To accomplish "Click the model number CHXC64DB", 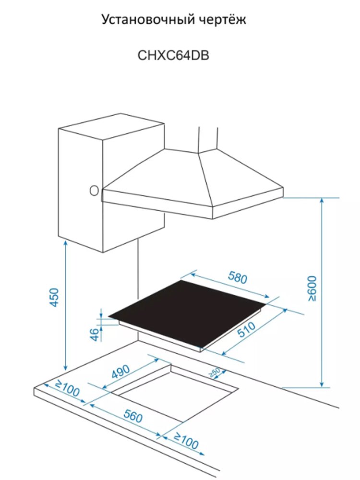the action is click(173, 55).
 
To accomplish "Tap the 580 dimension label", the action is click(238, 277).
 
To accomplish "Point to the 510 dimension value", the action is click(247, 329).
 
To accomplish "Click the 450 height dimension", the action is click(54, 297).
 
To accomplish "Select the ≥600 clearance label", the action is click(312, 288).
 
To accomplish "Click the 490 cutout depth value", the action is click(120, 372).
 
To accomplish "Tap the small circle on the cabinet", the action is click(94, 191).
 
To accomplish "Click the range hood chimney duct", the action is click(208, 139).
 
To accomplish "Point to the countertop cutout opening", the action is click(175, 394).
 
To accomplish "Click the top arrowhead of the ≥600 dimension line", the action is click(322, 201).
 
